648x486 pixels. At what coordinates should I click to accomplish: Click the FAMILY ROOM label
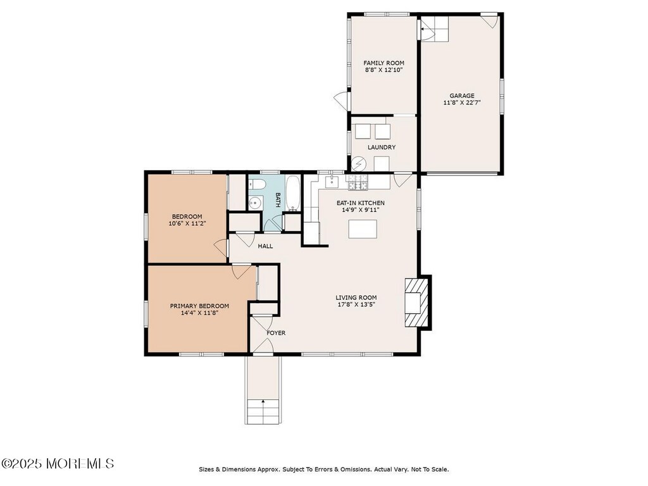383,63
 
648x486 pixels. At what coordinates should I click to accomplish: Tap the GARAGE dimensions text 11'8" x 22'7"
462,103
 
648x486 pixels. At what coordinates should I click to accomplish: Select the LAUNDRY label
382,147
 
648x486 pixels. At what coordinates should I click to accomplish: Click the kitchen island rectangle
363,229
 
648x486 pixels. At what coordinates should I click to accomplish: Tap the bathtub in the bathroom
294,194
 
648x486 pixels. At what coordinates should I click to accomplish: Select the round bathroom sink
255,203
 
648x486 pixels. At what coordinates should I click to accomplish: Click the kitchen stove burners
358,183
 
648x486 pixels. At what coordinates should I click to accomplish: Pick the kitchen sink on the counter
332,182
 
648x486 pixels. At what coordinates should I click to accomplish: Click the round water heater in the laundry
358,164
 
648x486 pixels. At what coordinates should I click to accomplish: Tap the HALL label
265,246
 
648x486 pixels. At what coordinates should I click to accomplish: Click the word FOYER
276,333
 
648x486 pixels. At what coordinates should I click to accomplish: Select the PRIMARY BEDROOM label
199,306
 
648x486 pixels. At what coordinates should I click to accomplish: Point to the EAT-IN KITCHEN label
360,203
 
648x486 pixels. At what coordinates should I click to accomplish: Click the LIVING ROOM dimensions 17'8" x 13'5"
356,304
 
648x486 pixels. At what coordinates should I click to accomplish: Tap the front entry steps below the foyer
263,411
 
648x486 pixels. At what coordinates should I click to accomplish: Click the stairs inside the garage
434,29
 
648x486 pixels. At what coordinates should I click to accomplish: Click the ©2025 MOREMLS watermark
58,463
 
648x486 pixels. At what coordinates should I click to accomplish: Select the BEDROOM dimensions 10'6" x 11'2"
187,223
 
